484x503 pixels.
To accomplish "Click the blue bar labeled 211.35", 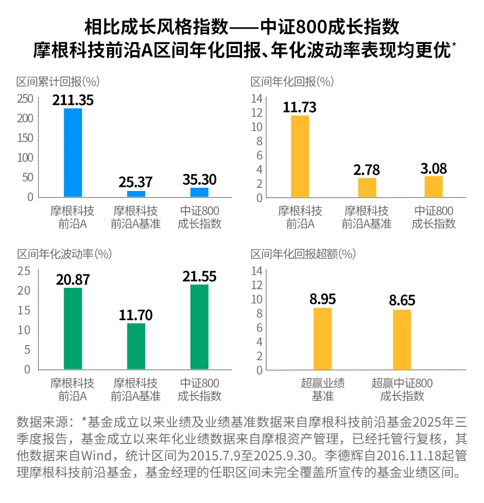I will (x=73, y=152).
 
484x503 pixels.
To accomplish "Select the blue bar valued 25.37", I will (x=136, y=194).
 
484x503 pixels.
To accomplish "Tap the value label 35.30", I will (x=199, y=180).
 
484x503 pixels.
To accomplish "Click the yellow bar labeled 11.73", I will (x=300, y=156).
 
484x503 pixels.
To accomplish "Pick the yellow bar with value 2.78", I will (x=367, y=187).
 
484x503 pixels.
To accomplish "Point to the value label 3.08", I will (x=433, y=169).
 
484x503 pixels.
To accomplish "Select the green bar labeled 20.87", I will (x=73, y=328).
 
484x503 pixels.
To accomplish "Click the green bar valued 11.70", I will (x=136, y=346).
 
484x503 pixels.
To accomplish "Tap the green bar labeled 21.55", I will (x=199, y=326).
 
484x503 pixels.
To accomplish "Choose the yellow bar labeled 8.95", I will (x=322, y=338).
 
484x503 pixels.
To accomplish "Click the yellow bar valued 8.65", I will (x=402, y=339).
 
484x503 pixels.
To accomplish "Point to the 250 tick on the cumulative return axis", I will (x=25, y=99).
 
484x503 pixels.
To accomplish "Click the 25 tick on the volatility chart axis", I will (x=24, y=271).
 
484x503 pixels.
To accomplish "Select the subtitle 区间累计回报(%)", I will (x=58, y=82).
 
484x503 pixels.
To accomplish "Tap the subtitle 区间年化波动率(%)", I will (x=65, y=254).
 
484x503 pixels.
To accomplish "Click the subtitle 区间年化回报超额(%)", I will (x=303, y=254).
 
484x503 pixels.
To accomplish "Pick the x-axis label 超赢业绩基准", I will (x=323, y=390).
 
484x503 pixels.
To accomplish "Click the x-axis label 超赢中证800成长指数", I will (x=402, y=390).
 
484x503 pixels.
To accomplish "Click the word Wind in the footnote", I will (x=96, y=456).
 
